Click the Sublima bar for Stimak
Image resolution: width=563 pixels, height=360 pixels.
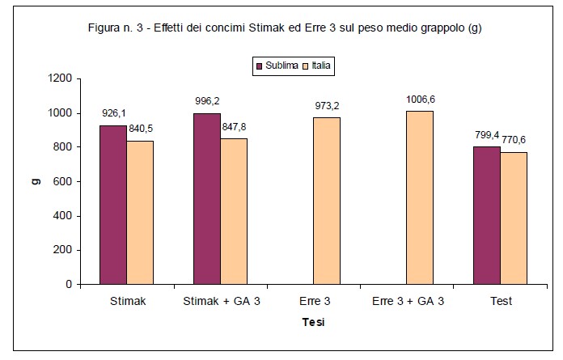tap(113, 205)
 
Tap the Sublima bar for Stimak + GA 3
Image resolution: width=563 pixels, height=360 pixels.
tap(207, 199)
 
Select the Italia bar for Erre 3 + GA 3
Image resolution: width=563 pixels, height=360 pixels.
tap(419, 197)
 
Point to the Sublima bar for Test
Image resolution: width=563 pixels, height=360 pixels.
tap(487, 215)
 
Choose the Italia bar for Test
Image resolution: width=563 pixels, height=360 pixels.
tap(513, 218)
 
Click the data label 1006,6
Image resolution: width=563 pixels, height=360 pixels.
tap(420, 100)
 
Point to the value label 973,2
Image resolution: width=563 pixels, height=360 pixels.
tap(327, 106)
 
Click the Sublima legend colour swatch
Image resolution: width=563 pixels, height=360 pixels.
tap(259, 65)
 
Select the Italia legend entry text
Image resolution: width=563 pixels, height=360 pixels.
tap(320, 65)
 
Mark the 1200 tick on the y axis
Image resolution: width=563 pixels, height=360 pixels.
tap(60, 78)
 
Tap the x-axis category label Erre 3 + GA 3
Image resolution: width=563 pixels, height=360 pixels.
tap(408, 301)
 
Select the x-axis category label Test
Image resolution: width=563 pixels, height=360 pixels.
tap(500, 301)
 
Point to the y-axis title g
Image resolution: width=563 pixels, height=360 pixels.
tap(36, 181)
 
